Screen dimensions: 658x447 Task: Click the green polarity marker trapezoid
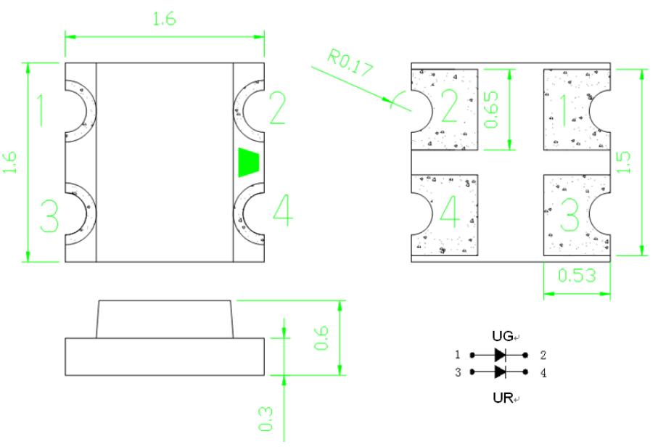249,162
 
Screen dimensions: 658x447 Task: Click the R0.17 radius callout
350,64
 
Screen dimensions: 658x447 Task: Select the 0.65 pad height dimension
491,109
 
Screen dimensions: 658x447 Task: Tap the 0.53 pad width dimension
577,275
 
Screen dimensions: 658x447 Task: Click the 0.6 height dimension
322,338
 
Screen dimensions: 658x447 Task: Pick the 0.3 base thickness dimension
266,419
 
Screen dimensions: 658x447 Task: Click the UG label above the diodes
502,336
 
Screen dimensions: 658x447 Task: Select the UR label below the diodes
503,398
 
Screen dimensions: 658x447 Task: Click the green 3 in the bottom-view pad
570,215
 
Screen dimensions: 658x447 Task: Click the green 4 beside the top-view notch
283,210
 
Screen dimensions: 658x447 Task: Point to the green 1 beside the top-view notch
41,110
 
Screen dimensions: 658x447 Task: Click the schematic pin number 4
543,373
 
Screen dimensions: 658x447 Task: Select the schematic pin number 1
458,355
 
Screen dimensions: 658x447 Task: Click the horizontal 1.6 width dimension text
164,19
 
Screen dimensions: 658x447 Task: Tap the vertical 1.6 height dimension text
9,163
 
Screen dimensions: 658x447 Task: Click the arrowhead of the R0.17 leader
387,99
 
